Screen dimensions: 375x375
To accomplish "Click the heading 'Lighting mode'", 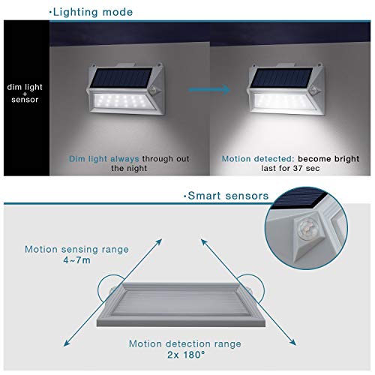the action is click(93, 12).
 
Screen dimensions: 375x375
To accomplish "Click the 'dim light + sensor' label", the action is click(25, 93).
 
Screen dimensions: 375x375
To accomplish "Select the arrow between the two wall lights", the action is click(209, 89).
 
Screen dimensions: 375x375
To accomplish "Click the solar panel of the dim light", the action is click(121, 77).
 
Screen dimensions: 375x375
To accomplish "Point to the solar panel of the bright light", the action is click(282, 77).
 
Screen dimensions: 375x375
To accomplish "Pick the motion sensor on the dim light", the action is click(153, 90).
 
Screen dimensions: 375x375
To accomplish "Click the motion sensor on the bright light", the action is click(313, 90).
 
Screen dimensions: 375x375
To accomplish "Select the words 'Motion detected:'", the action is click(257, 159).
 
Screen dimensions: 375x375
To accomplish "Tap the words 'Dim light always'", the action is click(104, 159).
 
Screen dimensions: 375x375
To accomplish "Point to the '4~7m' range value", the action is click(76, 260).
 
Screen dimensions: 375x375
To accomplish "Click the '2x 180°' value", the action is click(186, 355).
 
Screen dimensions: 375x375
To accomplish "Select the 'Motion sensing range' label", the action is click(76, 250).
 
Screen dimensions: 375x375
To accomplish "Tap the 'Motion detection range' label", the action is click(185, 343).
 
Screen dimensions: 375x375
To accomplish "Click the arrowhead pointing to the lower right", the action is click(292, 342).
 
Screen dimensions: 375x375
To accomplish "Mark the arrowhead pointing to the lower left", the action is click(67, 343).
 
